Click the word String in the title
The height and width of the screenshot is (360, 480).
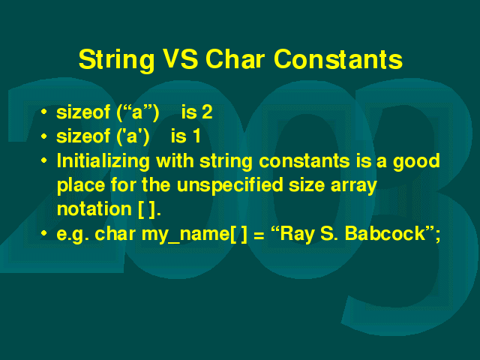coord(117,60)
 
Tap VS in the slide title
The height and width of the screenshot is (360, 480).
coord(180,58)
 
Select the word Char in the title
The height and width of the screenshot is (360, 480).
coord(235,58)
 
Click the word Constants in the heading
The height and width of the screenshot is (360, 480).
coord(338,58)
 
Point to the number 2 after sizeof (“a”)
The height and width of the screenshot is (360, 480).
coord(207,112)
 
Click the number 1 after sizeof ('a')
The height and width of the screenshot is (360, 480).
coord(196,136)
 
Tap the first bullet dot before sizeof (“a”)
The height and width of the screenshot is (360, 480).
coord(44,112)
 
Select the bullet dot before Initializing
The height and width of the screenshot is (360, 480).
coord(44,160)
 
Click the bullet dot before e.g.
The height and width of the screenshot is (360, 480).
coord(44,233)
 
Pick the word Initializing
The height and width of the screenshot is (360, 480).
coord(103,162)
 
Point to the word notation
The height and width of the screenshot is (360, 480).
coord(94,209)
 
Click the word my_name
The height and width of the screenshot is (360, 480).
coord(185,235)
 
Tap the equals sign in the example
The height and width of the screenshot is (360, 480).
coord(259,235)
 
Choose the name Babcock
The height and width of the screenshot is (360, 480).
coord(385,234)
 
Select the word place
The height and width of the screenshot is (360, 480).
coord(81,186)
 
